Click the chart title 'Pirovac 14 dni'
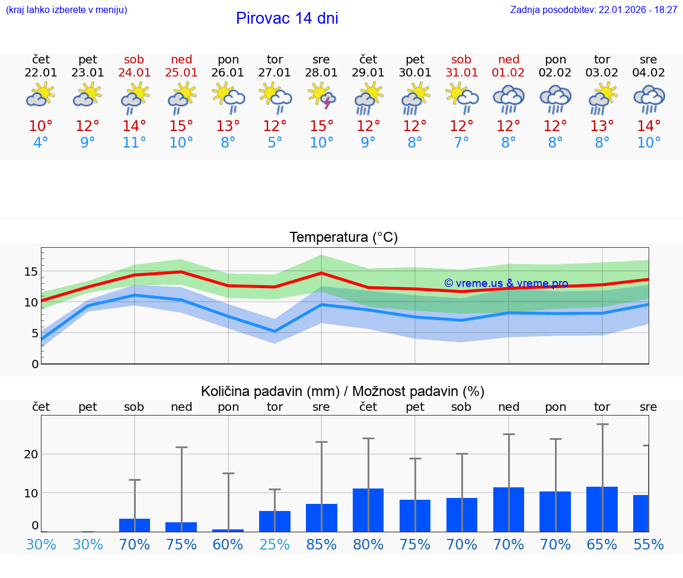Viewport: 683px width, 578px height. (287, 18)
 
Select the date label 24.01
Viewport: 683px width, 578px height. (135, 73)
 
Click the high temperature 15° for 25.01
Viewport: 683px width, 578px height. (181, 126)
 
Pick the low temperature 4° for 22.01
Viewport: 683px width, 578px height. (41, 143)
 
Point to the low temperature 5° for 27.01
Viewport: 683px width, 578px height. (275, 143)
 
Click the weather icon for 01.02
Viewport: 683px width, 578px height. (508, 98)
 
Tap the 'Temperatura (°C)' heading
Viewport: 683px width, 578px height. (343, 238)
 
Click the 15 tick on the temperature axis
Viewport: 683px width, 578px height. (31, 272)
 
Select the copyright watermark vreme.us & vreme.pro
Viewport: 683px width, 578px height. (506, 283)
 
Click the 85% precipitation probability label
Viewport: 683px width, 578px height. (321, 544)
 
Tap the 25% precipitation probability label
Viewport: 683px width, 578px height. (275, 544)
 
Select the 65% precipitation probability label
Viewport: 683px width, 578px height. (602, 544)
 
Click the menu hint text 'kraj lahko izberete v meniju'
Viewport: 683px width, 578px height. (66, 10)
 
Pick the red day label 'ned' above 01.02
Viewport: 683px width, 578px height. (508, 60)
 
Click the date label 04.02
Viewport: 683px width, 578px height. (649, 73)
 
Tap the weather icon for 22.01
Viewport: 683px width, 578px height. (41, 96)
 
